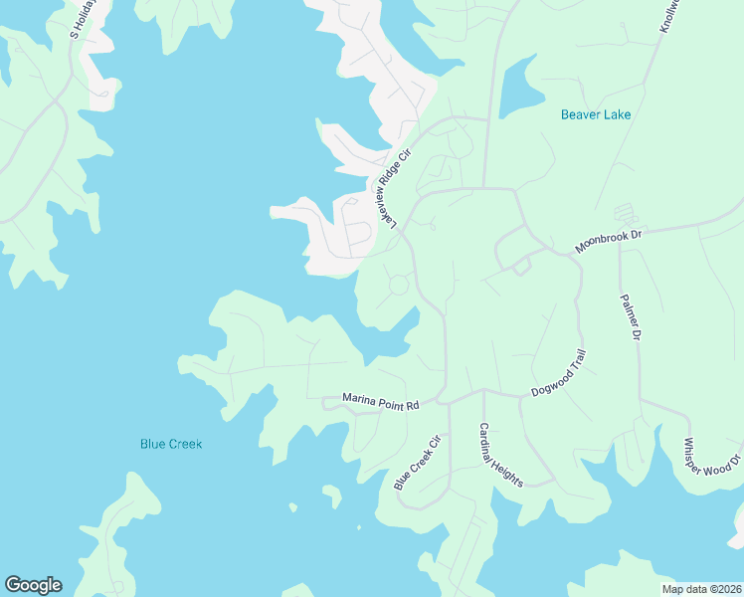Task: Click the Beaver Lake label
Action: pyautogui.click(x=596, y=114)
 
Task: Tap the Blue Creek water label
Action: pyautogui.click(x=171, y=444)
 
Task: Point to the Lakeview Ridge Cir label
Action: pyautogui.click(x=390, y=187)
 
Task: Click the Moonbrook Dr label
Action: pyautogui.click(x=610, y=242)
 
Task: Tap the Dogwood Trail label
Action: pyautogui.click(x=560, y=373)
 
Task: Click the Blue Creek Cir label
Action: pyautogui.click(x=417, y=463)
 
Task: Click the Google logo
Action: pyautogui.click(x=33, y=585)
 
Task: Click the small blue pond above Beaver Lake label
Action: pyautogui.click(x=516, y=88)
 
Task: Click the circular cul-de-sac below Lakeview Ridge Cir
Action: pyautogui.click(x=397, y=286)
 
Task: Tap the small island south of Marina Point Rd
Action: pyautogui.click(x=332, y=494)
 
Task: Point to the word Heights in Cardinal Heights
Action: pyautogui.click(x=508, y=465)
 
